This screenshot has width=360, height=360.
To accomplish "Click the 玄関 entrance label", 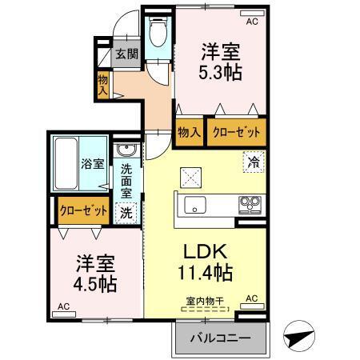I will click(126, 54).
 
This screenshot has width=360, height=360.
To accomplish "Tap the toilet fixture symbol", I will click(158, 34).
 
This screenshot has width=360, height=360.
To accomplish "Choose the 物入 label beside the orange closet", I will click(190, 131).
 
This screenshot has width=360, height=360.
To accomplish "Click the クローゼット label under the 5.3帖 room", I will click(235, 131).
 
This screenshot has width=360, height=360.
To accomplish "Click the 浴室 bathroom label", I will click(92, 165).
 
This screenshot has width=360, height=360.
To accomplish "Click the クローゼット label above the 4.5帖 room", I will click(84, 210).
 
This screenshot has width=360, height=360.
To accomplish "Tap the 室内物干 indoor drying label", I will click(205, 300).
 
